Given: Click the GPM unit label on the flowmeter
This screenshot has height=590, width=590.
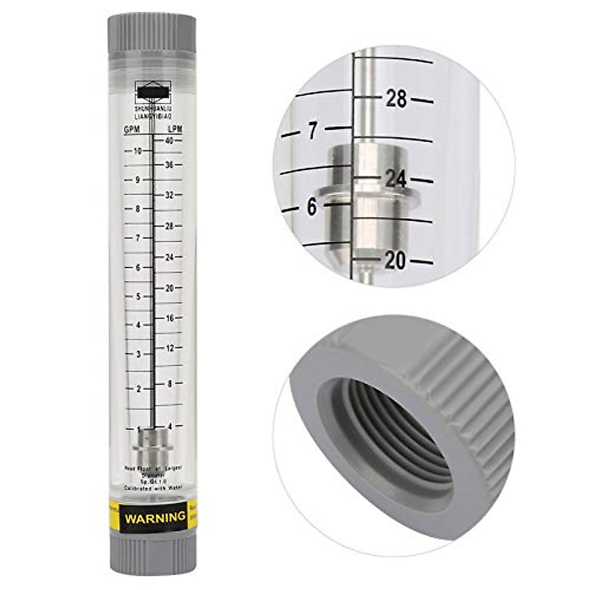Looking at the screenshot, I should coord(132,129).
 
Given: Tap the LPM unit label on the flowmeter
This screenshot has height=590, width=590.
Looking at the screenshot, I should coord(175,129).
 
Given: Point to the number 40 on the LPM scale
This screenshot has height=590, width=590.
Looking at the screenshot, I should coord(170,141).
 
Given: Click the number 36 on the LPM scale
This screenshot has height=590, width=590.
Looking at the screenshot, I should coord(170,165).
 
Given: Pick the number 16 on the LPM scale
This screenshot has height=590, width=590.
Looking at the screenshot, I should coord(170,318).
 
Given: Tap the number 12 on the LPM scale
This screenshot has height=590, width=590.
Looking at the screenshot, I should coord(170,349).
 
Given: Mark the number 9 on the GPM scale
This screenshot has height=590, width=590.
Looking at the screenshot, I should coord(138,180).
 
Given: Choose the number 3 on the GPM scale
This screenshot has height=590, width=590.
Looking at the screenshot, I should coord(139,354).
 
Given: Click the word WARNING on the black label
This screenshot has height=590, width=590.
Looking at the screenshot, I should coord(155,518).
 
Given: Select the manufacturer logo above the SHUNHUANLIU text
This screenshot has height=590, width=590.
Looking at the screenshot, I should coord(153,91).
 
